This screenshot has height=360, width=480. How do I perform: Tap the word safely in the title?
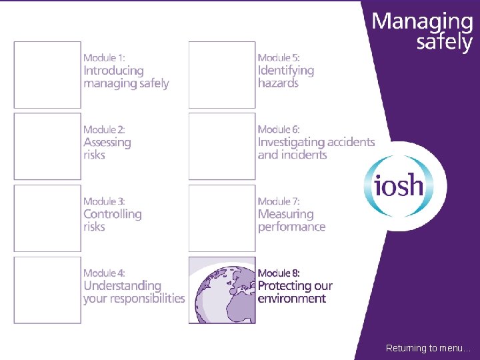444,43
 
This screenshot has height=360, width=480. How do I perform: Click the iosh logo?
399,185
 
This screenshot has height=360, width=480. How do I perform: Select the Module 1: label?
104,58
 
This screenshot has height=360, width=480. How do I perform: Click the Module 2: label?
104,129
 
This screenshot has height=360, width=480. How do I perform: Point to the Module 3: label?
104,201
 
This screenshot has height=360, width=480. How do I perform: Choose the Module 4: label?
104,273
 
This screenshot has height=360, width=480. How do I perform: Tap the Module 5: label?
279,58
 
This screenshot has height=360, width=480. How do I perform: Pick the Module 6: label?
279,129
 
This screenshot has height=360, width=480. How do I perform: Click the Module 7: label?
279,201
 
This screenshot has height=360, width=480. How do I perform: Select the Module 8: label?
279,273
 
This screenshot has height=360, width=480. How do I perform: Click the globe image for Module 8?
222,290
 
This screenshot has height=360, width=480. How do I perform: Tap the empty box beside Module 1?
47,75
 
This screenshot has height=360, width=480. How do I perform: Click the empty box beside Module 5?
222,75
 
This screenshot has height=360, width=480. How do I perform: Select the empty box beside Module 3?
47,218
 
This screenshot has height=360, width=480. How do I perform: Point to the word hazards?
278,83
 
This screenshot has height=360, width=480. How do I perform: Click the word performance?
292,227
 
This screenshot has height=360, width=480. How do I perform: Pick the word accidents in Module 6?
345,142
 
